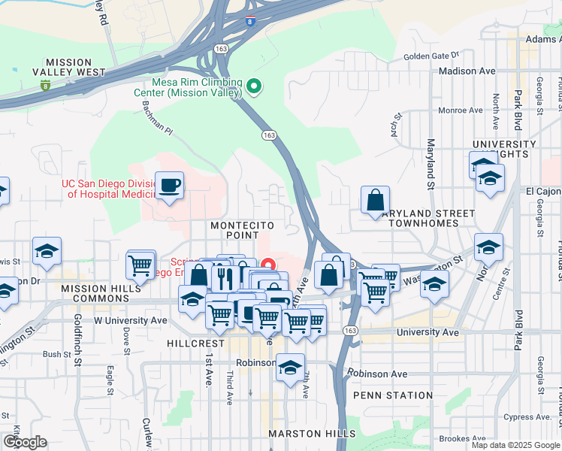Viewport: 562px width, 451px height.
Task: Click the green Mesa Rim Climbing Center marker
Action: tap(254, 86)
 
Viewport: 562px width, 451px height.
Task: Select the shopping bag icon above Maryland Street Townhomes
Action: tap(374, 200)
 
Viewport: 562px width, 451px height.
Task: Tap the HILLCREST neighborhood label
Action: tap(192, 341)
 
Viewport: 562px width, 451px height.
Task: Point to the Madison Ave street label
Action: tap(467, 71)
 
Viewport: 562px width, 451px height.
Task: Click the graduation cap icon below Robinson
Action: tap(290, 368)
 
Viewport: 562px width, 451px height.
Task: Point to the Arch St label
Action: tap(396, 119)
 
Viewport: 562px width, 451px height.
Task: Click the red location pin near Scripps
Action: tap(266, 265)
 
